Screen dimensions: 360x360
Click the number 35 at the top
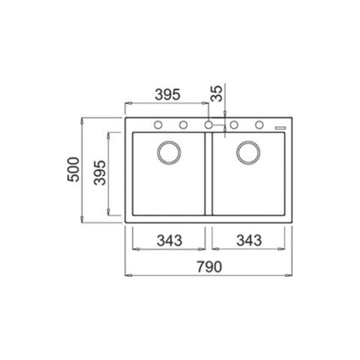click(217, 93)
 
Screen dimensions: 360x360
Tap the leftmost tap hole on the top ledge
click(159, 124)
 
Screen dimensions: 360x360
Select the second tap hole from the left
click(182, 124)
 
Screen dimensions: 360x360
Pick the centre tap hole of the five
click(208, 124)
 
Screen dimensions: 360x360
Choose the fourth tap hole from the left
click(234, 124)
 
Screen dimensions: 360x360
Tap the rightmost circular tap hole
click(259, 124)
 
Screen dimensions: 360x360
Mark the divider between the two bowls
click(208, 176)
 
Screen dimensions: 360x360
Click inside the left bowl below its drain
click(168, 191)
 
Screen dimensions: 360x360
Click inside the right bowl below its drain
click(247, 191)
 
